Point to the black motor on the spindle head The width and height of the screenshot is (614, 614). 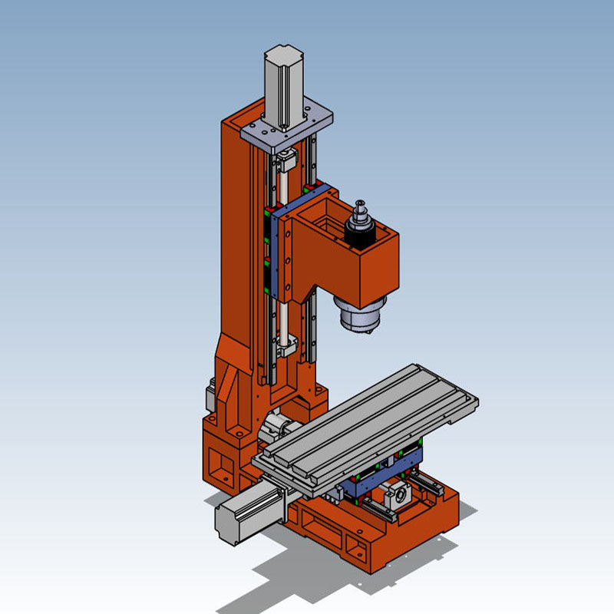tap(358, 234)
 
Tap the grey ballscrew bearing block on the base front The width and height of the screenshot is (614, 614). tap(398, 497)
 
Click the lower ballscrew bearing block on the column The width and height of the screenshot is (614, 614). tap(286, 345)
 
